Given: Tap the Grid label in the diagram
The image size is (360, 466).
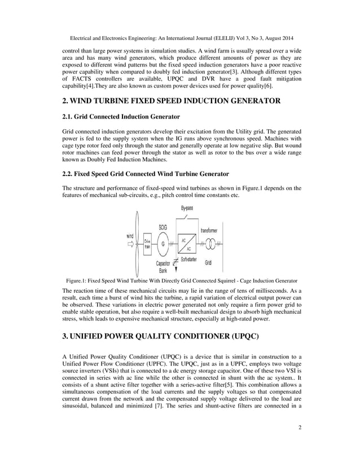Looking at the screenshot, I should (208, 263).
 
